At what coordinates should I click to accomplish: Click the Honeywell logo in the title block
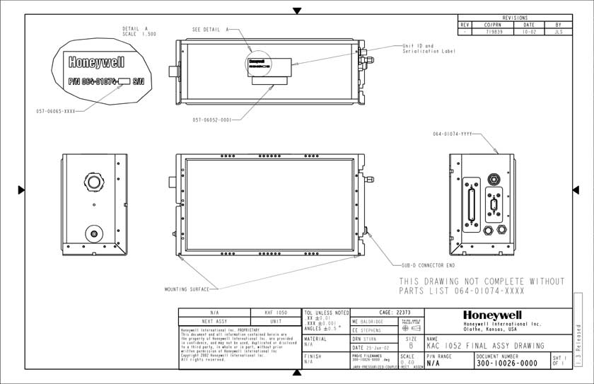coord(493,315)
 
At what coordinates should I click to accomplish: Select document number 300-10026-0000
coord(507,363)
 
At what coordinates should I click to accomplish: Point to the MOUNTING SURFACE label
coord(187,289)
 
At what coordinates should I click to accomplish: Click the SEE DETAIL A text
coord(211,30)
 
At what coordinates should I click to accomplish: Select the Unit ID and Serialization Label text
coord(428,49)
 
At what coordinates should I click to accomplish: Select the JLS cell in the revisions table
coord(559,32)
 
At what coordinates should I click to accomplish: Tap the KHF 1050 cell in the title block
coord(276,312)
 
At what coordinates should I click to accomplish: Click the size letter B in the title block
coord(410,347)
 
